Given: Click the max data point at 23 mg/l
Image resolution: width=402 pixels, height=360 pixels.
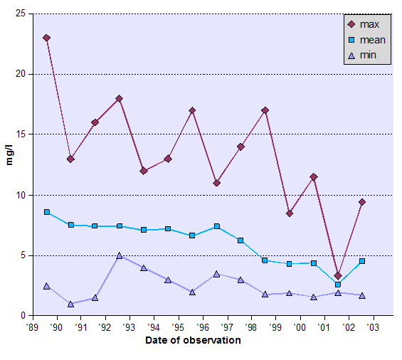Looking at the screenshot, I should pyautogui.click(x=46, y=38).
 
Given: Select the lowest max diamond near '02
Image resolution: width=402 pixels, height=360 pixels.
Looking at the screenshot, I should pyautogui.click(x=338, y=275).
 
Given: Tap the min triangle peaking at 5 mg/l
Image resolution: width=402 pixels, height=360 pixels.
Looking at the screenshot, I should pyautogui.click(x=120, y=255).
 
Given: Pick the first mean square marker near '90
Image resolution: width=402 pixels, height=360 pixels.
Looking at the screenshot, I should pyautogui.click(x=46, y=212).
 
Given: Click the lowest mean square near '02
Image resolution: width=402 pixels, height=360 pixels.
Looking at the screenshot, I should pyautogui.click(x=338, y=285).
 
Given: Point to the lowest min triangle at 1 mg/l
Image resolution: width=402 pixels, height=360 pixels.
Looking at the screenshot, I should pyautogui.click(x=70, y=304).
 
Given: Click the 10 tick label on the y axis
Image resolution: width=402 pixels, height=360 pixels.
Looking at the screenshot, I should pyautogui.click(x=20, y=195).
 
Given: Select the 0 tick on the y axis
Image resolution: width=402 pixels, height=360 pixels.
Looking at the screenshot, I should pyautogui.click(x=23, y=316).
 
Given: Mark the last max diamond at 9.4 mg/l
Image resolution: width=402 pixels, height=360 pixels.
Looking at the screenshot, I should pyautogui.click(x=362, y=202).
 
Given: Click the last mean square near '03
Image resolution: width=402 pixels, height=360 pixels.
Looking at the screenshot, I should pyautogui.click(x=362, y=261).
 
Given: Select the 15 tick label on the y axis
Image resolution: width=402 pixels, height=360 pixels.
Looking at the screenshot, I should pyautogui.click(x=20, y=134).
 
